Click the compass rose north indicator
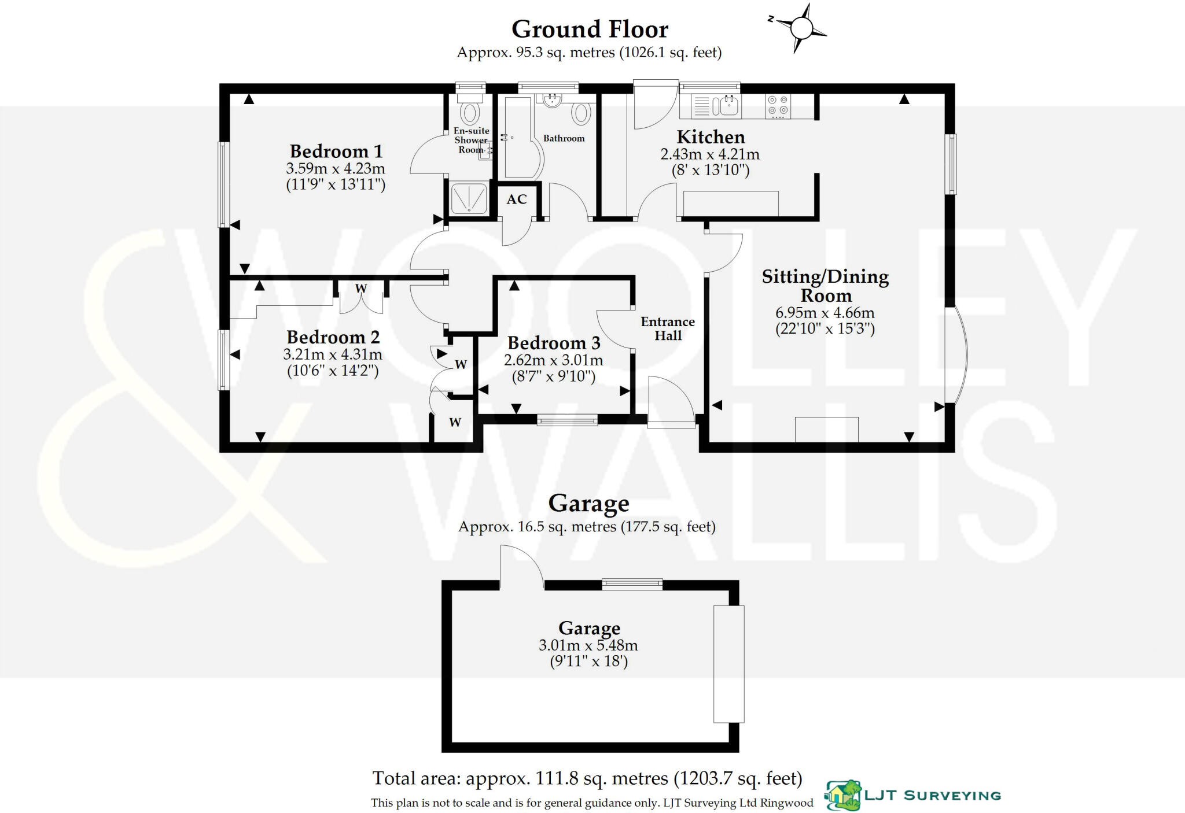(x=771, y=19)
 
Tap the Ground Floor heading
(x=590, y=29)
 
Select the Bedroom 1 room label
(x=336, y=151)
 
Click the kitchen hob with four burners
(x=778, y=106)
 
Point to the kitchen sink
(x=725, y=106)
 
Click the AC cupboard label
(x=517, y=199)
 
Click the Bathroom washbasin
(x=553, y=100)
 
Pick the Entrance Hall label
(x=668, y=328)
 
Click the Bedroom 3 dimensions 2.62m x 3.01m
(x=554, y=361)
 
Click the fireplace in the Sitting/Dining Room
(x=826, y=430)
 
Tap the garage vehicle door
(x=728, y=664)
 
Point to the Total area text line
(x=587, y=778)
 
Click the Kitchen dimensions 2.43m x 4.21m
(x=710, y=154)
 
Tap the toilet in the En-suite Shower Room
(x=469, y=110)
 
